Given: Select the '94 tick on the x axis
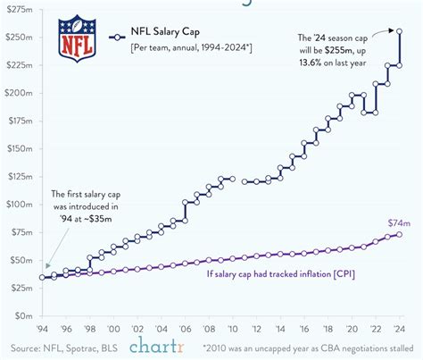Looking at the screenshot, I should coord(43,327).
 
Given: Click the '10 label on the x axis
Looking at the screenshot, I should coord(231,327).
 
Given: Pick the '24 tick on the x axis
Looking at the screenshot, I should coord(398,327).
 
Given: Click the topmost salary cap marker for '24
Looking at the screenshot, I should coord(398,31).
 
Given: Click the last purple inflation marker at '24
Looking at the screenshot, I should coord(398,234).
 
